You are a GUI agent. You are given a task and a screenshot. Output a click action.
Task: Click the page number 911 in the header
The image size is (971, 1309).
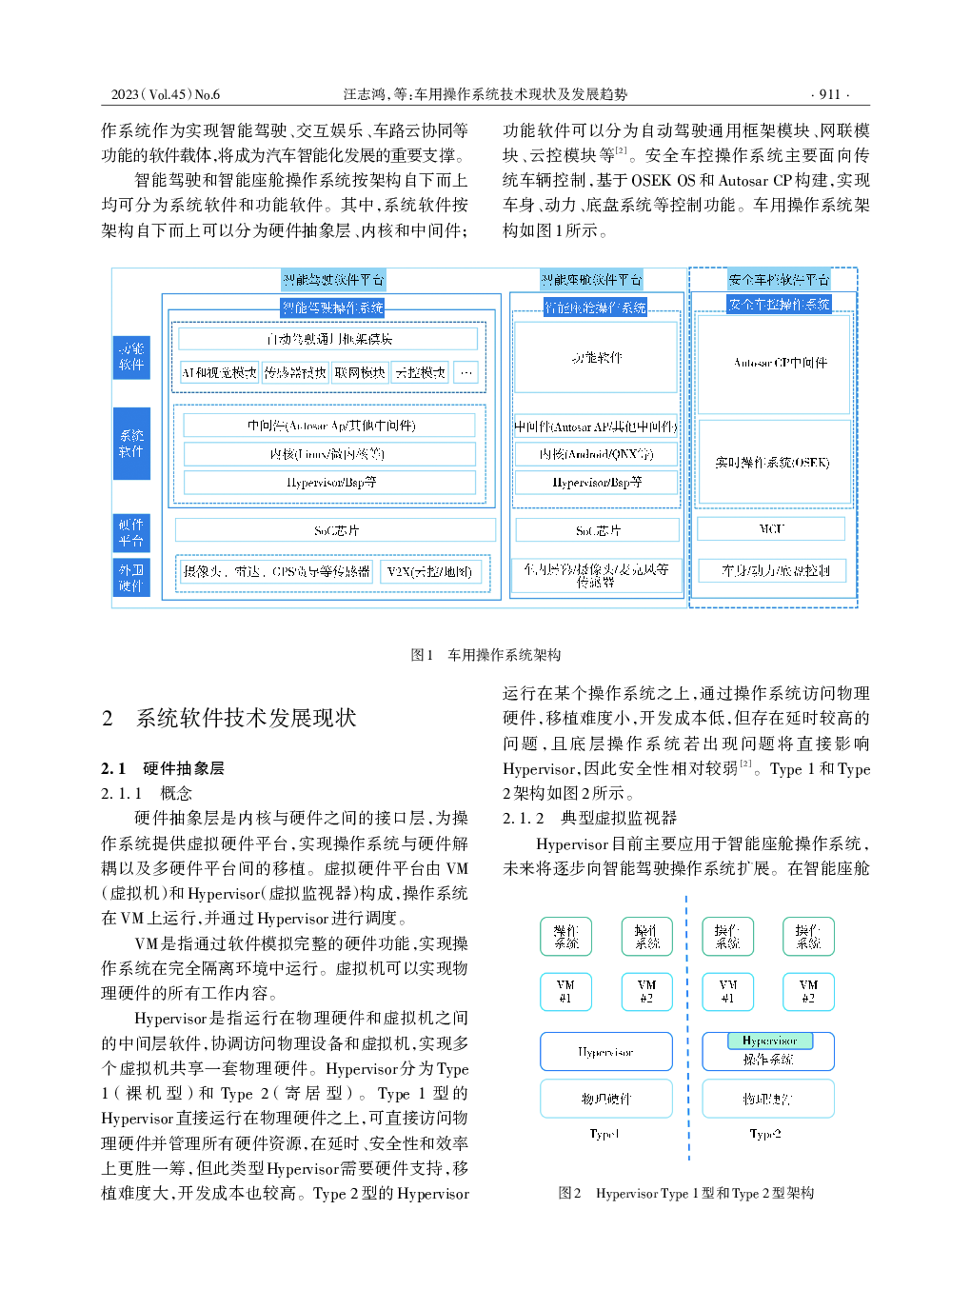(x=829, y=94)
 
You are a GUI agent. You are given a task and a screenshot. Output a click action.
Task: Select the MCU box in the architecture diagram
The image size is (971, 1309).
(x=771, y=528)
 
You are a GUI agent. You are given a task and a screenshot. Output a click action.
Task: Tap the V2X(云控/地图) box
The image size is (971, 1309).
(x=429, y=571)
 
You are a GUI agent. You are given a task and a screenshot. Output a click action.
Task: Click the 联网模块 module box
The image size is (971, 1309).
(x=360, y=372)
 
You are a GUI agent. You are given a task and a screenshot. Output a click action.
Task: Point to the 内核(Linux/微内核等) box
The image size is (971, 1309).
(x=329, y=454)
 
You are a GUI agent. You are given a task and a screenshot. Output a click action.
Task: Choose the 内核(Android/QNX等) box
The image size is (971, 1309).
(x=596, y=454)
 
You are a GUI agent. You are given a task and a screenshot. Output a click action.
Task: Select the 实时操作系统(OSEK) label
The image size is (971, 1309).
(x=773, y=462)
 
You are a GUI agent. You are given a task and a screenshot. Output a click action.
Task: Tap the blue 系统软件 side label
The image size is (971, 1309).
(x=131, y=443)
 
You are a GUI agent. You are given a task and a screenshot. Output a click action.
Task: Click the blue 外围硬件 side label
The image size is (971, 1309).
(x=131, y=578)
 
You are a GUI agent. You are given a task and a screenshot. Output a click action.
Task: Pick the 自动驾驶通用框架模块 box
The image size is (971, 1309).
(x=328, y=339)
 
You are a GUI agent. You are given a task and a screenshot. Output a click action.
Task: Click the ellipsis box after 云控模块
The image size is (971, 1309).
(x=466, y=372)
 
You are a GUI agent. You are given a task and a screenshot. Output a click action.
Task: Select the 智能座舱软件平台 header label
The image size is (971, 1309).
(x=592, y=280)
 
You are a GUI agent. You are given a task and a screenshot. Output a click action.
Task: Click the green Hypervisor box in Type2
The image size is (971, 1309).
(x=770, y=1041)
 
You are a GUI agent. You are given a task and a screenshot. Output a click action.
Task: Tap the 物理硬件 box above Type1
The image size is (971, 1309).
(x=606, y=1099)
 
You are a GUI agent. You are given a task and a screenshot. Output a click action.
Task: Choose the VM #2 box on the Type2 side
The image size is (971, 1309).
(x=808, y=991)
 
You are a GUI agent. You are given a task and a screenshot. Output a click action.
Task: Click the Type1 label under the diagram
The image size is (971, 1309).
(x=604, y=1134)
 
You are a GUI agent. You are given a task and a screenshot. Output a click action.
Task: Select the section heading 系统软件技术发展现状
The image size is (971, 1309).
(x=246, y=718)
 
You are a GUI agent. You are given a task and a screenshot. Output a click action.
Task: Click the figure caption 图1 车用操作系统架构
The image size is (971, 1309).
(x=485, y=655)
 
